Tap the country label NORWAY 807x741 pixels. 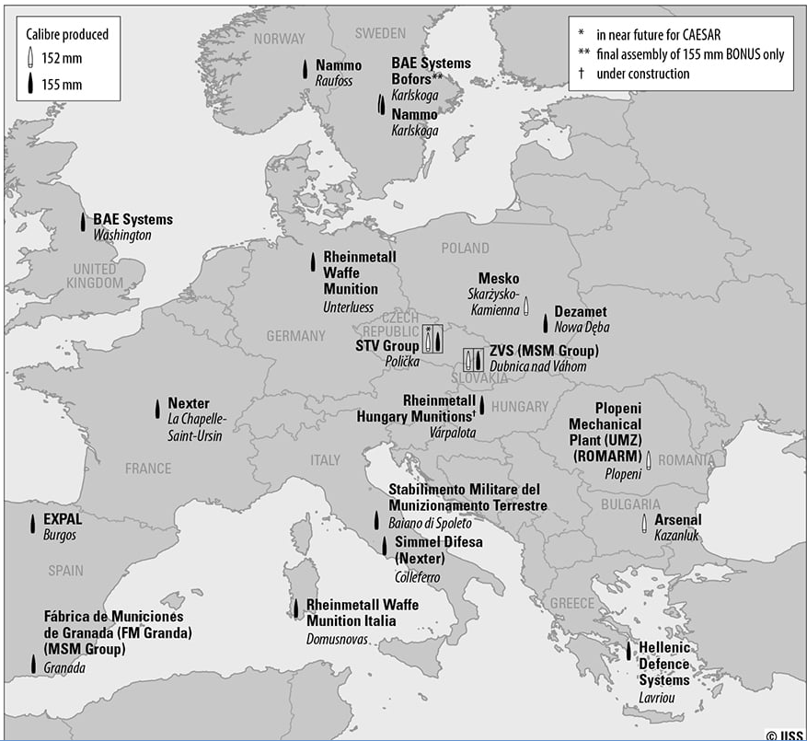pos(279,39)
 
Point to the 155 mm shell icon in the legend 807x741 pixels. pos(31,86)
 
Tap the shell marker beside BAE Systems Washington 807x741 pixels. pos(83,223)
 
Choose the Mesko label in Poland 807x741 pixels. pos(499,279)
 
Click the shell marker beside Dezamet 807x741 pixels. pos(546,323)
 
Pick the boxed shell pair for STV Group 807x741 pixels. pos(432,340)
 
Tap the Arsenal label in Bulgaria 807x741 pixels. pos(678,520)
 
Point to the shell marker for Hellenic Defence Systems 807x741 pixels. pos(628,652)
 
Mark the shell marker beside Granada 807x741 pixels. pos(34,664)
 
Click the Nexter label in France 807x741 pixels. pos(189,403)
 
